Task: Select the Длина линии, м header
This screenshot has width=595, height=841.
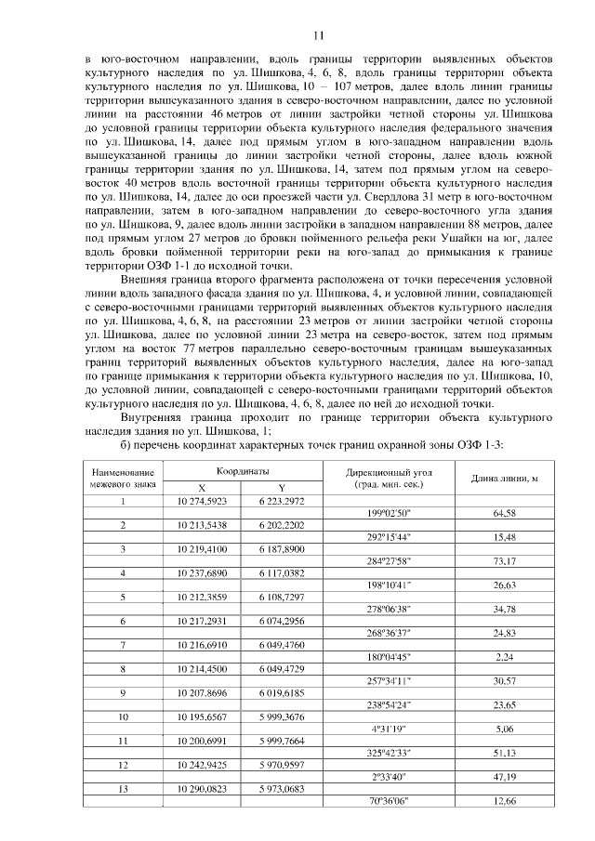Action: (505, 479)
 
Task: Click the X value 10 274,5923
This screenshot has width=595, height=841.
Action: (203, 501)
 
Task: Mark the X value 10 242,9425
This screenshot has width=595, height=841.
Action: (203, 765)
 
